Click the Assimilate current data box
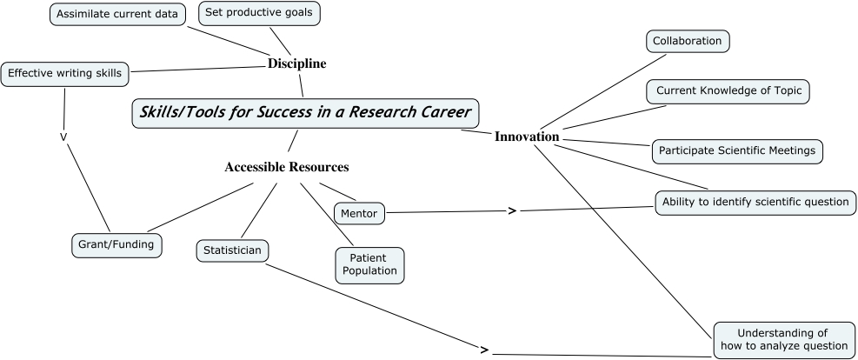(116, 15)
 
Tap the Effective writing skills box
(65, 74)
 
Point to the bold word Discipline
(297, 63)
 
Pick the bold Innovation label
(527, 137)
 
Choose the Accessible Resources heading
(287, 167)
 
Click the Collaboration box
(687, 41)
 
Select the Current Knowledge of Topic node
(728, 90)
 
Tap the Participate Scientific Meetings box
(737, 150)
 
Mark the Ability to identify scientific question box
(755, 202)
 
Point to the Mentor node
(359, 211)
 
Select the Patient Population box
(369, 264)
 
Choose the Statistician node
(232, 250)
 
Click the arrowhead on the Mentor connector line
(512, 210)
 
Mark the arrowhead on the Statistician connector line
(485, 350)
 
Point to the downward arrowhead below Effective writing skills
(63, 137)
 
